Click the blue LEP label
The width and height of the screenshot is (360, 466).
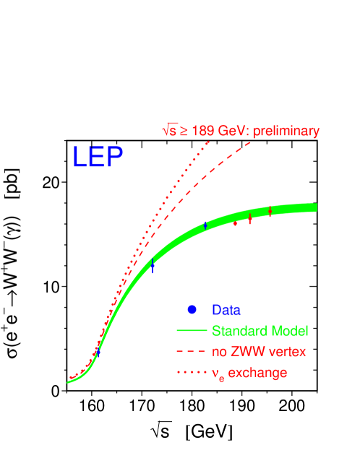coord(98,157)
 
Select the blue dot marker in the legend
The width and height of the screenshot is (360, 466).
coord(192,309)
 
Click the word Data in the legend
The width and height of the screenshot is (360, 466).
coord(226,310)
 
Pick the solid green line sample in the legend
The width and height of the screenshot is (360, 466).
coord(191,331)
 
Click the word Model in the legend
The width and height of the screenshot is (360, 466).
coord(286,331)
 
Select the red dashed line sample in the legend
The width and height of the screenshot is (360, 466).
coord(191,352)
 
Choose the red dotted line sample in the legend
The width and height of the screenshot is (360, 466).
coord(191,373)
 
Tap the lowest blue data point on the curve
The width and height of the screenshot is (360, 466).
coord(97,350)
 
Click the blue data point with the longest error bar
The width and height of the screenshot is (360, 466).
coord(153,266)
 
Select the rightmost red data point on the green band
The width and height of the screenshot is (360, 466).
coord(270,212)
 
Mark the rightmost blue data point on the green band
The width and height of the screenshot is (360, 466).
coord(206,225)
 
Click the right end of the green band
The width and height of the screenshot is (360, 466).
coord(316,208)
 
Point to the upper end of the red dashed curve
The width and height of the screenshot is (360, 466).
coord(251,142)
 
